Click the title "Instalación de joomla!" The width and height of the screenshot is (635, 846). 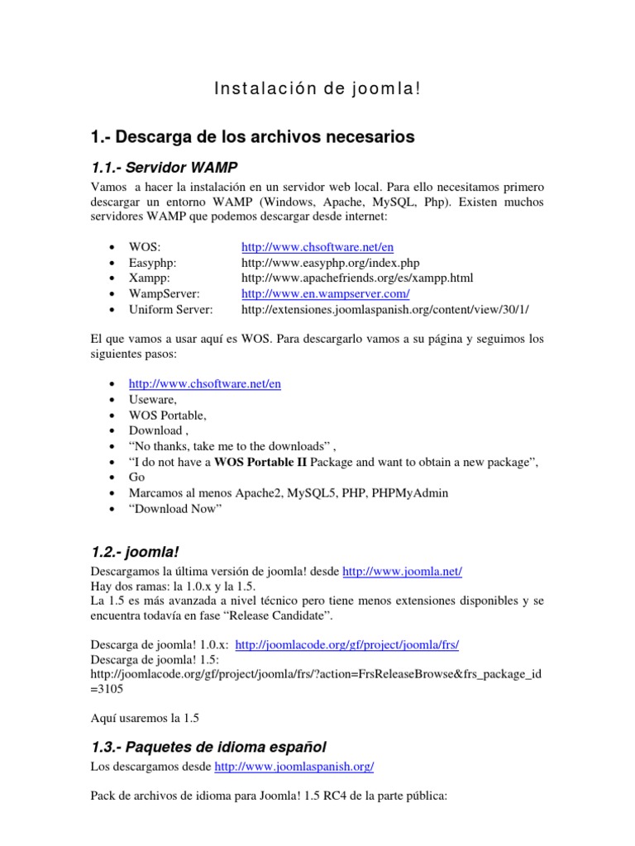click(x=317, y=88)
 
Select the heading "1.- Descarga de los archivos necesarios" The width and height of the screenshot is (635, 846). click(x=252, y=136)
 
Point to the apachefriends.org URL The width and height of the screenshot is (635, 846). click(x=356, y=278)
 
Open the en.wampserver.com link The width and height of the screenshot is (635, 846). click(x=326, y=293)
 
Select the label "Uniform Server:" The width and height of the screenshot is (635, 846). click(x=171, y=309)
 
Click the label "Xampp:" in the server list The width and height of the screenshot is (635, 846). click(x=149, y=278)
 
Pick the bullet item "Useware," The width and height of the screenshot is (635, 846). click(x=152, y=399)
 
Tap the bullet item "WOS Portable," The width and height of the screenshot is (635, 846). click(x=167, y=415)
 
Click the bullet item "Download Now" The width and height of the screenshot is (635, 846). click(x=175, y=508)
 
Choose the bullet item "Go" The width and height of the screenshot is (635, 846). click(x=137, y=478)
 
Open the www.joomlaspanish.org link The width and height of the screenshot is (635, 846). click(x=294, y=767)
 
